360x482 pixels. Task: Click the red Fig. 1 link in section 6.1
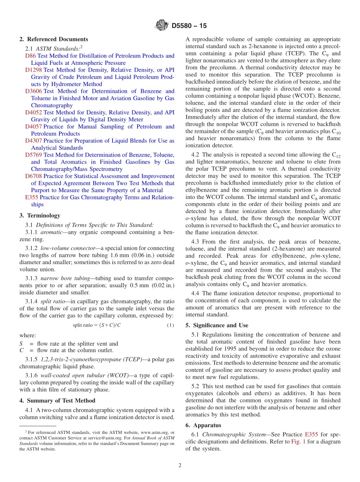point(297,441)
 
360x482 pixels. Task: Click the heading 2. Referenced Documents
point(53,39)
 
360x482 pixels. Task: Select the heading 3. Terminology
point(40,216)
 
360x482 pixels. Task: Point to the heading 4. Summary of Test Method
point(57,401)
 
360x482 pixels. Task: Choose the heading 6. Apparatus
point(203,425)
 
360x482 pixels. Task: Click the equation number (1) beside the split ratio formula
point(171,326)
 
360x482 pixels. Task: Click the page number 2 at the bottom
point(180,465)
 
